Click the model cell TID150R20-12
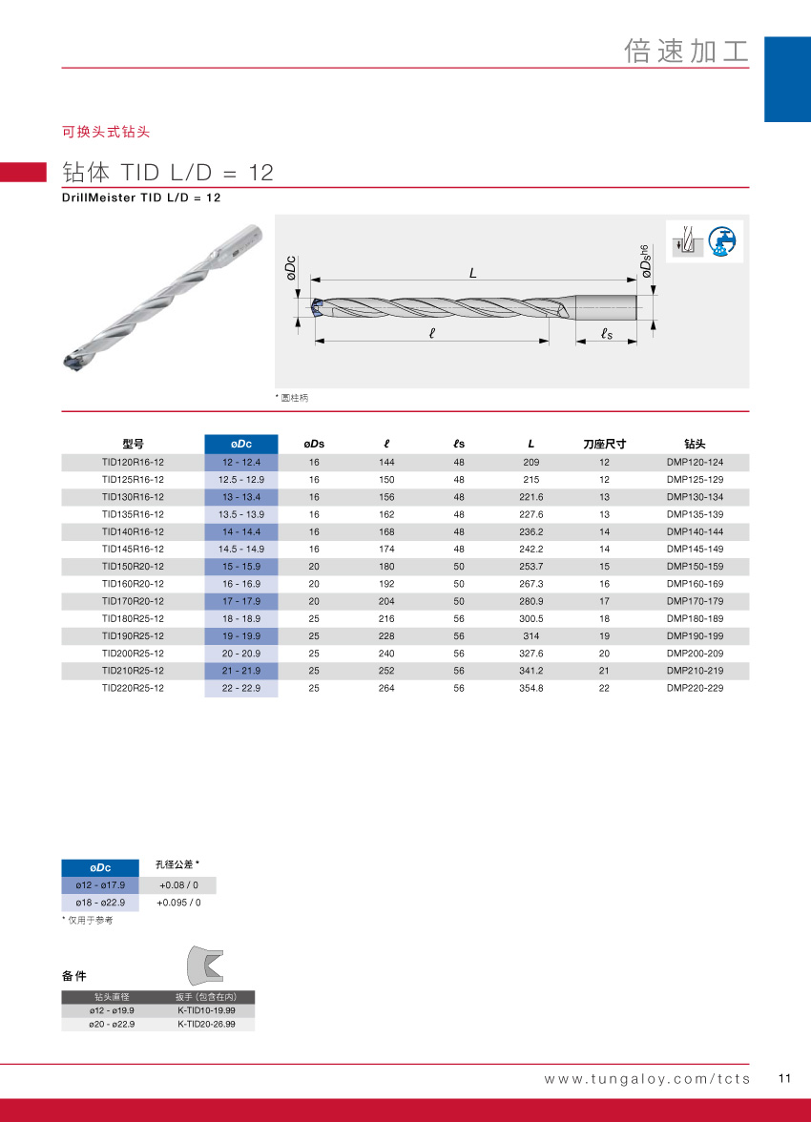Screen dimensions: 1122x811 point(133,567)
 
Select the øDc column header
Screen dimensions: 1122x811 point(241,444)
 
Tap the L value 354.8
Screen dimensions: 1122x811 point(531,688)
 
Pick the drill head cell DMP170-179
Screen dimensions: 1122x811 point(695,601)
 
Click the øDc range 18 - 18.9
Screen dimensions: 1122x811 point(241,618)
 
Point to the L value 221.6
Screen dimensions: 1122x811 point(531,497)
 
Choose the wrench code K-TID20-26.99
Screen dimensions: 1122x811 point(206,1024)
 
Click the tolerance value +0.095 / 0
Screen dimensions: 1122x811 point(178,903)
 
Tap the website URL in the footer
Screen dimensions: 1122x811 point(647,1079)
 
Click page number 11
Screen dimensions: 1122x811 point(785,1079)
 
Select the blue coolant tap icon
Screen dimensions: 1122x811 point(727,240)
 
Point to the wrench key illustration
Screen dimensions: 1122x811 point(205,966)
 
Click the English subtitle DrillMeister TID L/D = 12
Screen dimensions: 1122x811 point(141,197)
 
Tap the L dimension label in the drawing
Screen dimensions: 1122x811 point(472,272)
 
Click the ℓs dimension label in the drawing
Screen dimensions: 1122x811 point(606,333)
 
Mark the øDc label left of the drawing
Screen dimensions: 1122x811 point(291,268)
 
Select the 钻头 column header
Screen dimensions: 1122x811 point(695,444)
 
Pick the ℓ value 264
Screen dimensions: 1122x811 point(386,688)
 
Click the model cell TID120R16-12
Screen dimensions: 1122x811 point(133,462)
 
